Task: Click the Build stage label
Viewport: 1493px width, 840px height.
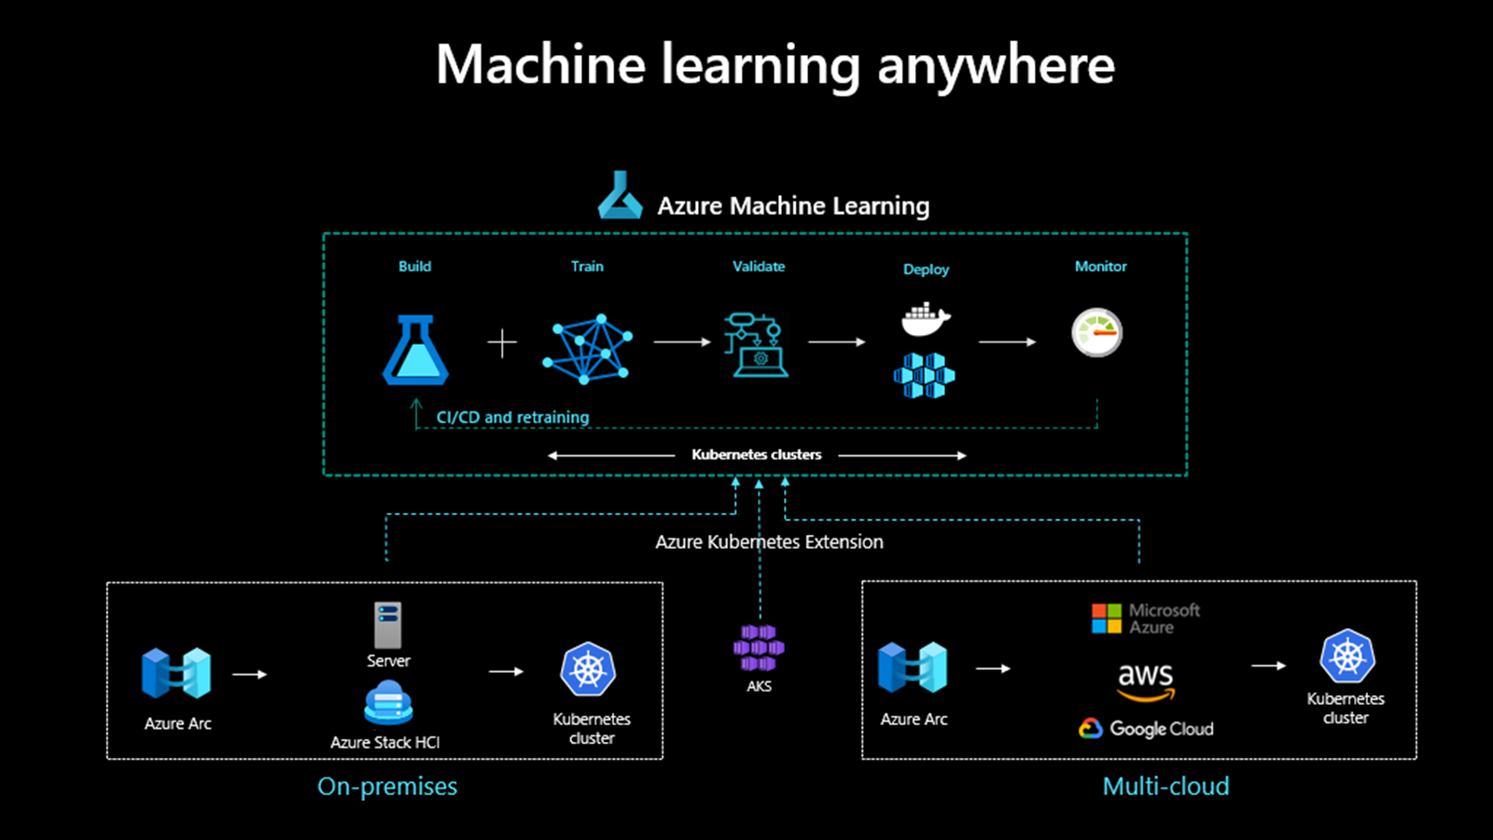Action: [414, 266]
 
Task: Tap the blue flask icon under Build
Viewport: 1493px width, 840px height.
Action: [415, 350]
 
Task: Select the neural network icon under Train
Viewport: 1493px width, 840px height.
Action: [587, 349]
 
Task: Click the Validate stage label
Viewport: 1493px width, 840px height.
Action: [759, 266]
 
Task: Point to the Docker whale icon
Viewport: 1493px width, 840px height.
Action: [926, 319]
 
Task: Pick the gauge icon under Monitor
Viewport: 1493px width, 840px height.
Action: [1096, 332]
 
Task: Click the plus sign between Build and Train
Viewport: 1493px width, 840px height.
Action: [502, 343]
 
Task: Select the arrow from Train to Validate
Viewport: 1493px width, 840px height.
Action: [682, 343]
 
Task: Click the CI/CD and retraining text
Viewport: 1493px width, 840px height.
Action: [512, 417]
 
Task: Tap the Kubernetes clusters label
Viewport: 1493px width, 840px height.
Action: [757, 455]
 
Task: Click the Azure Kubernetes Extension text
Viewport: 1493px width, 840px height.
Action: [769, 541]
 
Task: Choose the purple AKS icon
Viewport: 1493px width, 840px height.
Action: [759, 648]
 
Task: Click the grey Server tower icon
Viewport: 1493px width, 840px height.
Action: [388, 625]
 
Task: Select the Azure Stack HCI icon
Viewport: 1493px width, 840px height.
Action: [388, 703]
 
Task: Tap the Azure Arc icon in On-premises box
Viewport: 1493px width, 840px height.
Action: [176, 673]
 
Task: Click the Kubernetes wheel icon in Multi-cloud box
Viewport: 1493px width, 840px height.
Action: [1347, 656]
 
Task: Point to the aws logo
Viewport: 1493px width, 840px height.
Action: [1146, 679]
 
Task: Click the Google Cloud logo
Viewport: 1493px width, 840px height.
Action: [1147, 729]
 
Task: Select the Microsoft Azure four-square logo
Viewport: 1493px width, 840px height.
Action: [1107, 618]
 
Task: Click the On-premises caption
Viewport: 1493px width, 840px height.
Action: [387, 786]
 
